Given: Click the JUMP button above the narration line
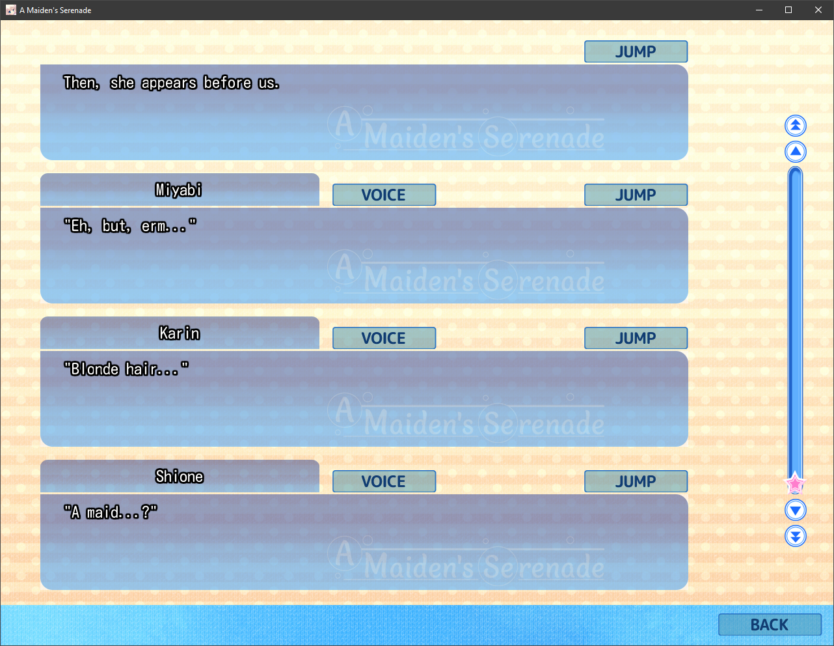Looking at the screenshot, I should tap(636, 51).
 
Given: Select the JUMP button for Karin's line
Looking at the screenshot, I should tap(636, 338).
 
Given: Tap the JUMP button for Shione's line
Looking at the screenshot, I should tap(636, 481).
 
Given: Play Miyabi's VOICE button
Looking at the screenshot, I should tap(384, 195).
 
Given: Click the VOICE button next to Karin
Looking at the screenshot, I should tap(384, 338).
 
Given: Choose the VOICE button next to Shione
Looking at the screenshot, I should tap(384, 481).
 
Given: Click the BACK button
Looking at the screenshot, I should tap(770, 625).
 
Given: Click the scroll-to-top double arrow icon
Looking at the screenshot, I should tap(795, 126).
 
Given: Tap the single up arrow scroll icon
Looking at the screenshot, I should tap(795, 152).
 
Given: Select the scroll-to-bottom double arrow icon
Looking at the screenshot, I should tap(795, 536).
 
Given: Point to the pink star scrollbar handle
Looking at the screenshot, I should tap(795, 484).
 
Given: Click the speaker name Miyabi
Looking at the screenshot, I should tap(179, 190).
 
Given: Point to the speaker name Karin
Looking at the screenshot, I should tap(180, 333).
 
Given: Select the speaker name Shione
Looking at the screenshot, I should tap(180, 477).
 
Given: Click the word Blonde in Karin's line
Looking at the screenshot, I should tap(95, 369).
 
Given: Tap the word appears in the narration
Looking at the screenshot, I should tap(169, 83).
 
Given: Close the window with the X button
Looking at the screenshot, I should tap(818, 10).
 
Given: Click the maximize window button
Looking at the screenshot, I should tap(788, 10).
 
